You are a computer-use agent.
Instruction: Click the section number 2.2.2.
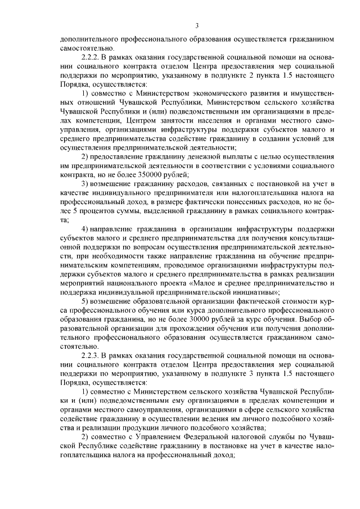tap(92, 57)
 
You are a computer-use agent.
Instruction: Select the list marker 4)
tap(85, 230)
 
